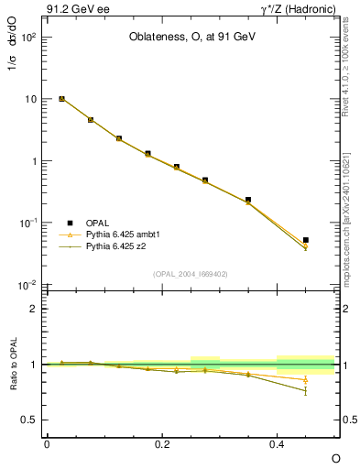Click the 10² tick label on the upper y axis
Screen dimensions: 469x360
click(x=27, y=38)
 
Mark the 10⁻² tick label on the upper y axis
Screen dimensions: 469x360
click(x=27, y=285)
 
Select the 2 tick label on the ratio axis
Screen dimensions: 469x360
click(x=33, y=309)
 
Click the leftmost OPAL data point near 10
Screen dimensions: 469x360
click(x=61, y=98)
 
